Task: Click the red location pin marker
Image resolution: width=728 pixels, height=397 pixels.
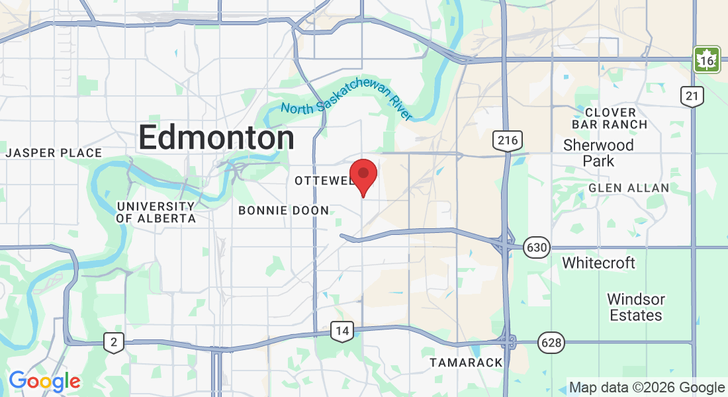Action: tap(363, 175)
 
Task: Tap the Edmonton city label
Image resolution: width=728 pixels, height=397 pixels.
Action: tap(216, 138)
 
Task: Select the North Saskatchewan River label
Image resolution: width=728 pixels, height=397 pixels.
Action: tap(346, 103)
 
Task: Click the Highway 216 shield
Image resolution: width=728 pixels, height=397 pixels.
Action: tap(507, 140)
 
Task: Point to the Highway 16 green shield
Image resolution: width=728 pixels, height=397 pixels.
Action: tap(707, 60)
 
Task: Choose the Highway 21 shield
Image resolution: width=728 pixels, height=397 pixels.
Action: tap(692, 97)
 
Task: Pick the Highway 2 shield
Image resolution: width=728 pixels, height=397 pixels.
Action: tap(114, 342)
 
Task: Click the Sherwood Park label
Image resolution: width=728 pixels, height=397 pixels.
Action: tap(598, 153)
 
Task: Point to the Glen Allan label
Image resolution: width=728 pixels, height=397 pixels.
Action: tap(629, 188)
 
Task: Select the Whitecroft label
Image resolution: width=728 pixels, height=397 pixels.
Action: tap(598, 263)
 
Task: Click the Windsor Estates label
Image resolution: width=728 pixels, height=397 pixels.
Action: tap(635, 307)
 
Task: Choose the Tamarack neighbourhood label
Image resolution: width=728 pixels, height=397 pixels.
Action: tap(466, 363)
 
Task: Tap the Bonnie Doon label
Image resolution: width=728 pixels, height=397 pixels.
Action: tap(283, 210)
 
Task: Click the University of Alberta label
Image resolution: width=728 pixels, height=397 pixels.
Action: tap(156, 212)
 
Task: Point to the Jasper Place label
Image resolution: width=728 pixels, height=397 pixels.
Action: tap(54, 153)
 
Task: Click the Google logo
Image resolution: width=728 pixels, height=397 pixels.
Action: tap(44, 381)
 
